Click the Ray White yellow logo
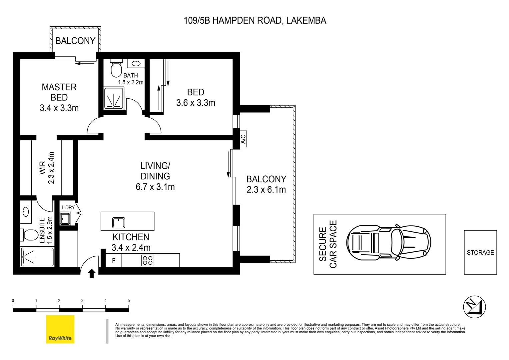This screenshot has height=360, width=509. (x=60, y=329)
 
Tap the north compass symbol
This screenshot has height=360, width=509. (x=474, y=307)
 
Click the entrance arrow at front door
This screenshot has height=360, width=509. (x=92, y=274)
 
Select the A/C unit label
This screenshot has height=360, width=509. (x=243, y=139)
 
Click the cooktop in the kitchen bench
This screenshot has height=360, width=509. (x=148, y=260)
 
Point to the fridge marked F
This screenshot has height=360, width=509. (x=114, y=261)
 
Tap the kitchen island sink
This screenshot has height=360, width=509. (x=119, y=222)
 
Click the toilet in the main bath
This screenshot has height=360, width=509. (x=116, y=69)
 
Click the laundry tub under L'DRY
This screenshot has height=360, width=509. (x=65, y=219)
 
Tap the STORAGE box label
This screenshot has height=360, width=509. (x=480, y=253)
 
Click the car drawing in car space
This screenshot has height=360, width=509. (x=388, y=242)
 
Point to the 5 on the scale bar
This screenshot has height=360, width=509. (x=129, y=301)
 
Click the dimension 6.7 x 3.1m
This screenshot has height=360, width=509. (x=155, y=187)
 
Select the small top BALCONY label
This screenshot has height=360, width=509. (x=75, y=41)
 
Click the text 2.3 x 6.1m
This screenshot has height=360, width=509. (x=266, y=190)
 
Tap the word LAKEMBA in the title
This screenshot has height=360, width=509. (x=306, y=21)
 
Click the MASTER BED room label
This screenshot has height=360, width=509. (x=59, y=92)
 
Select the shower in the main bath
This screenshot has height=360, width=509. (x=114, y=99)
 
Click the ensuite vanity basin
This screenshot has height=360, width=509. (x=26, y=212)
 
